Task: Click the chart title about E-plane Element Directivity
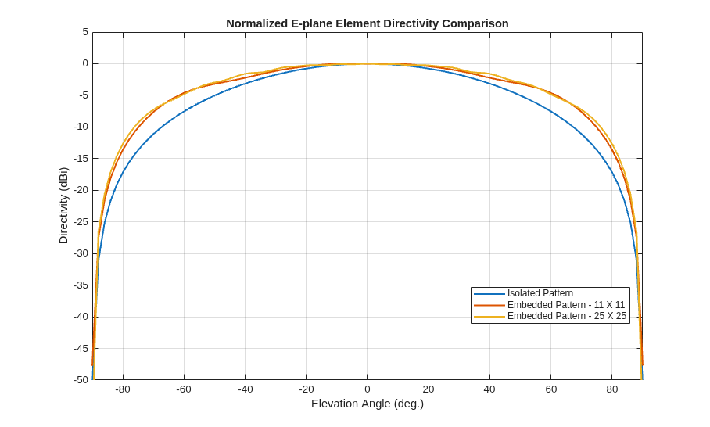[x=368, y=23]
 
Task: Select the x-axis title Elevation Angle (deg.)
[x=368, y=404]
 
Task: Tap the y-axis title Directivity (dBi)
[x=63, y=206]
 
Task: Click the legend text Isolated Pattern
[x=540, y=293]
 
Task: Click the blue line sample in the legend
[x=489, y=294]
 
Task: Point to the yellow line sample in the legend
[x=489, y=317]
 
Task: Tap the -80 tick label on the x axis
[x=123, y=389]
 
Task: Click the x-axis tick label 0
[x=368, y=389]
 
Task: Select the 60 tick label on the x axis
[x=550, y=389]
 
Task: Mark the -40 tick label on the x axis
[x=245, y=389]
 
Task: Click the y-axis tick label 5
[x=85, y=32]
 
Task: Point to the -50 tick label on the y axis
[x=81, y=379]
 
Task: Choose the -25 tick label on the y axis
[x=81, y=221]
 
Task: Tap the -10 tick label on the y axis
[x=81, y=127]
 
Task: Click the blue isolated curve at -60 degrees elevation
[x=184, y=110]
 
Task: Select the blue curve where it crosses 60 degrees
[x=550, y=110]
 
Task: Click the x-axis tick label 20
[x=429, y=389]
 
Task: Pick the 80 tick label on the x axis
[x=611, y=389]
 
